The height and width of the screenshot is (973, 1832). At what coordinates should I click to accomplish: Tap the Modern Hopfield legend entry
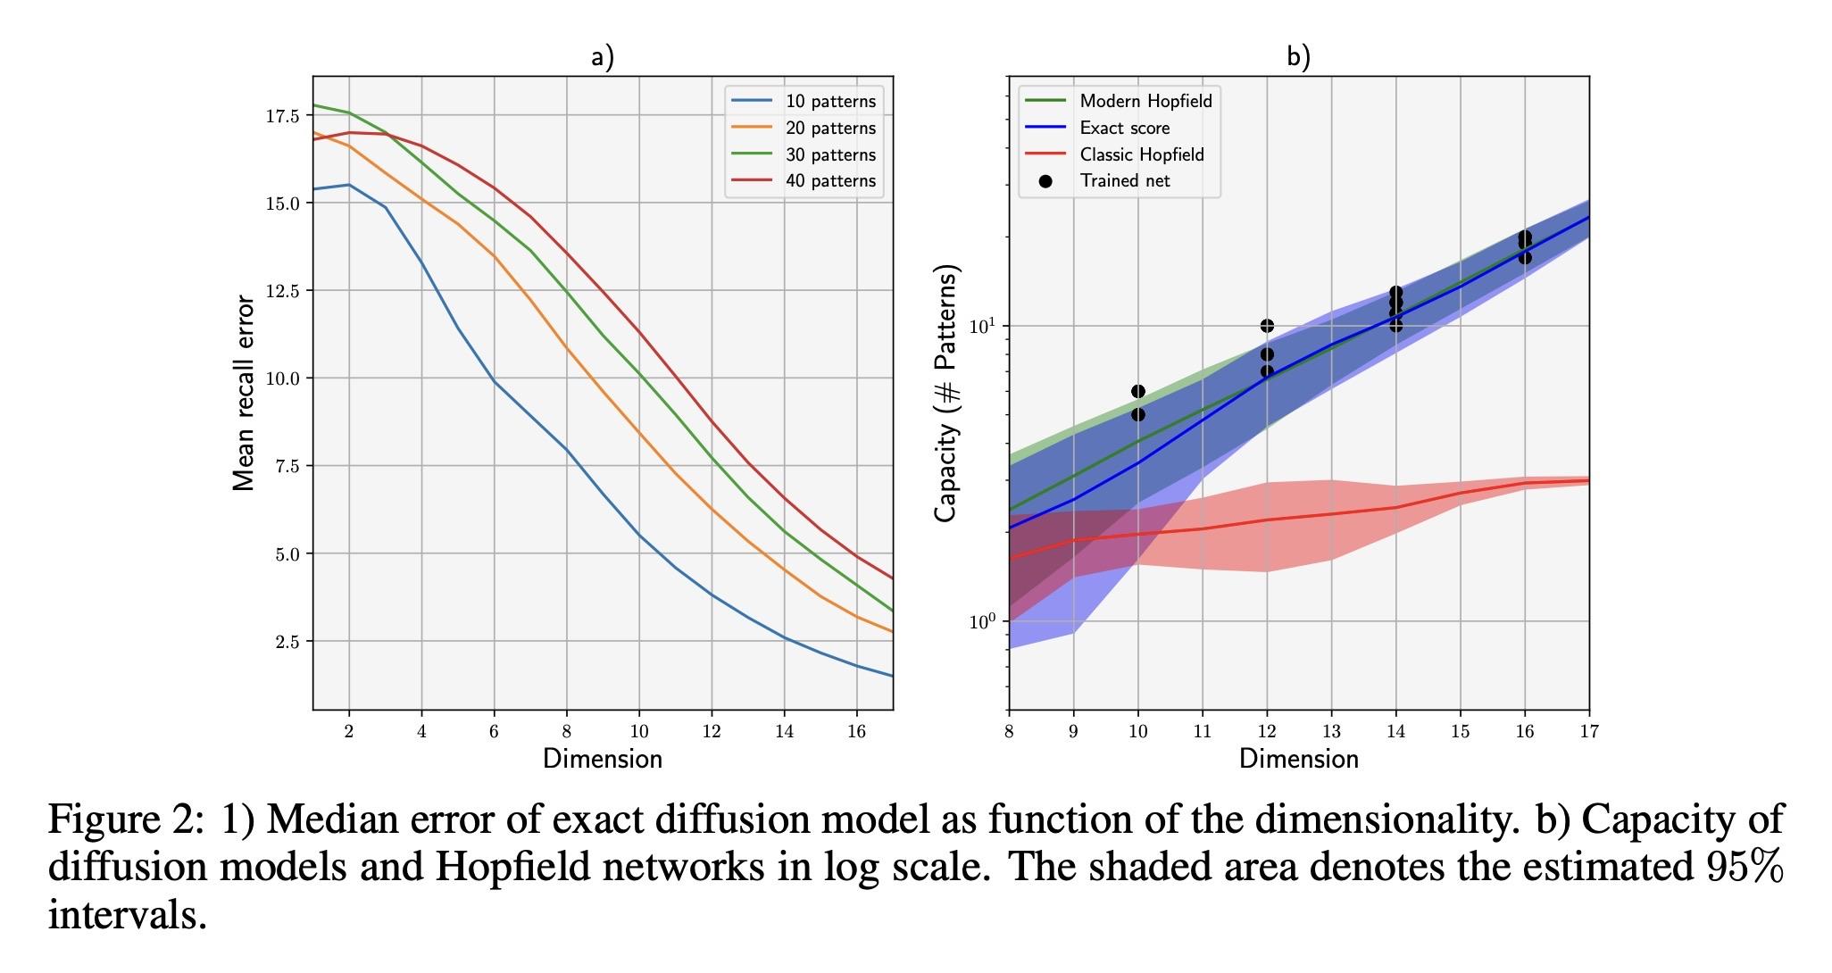click(x=1145, y=101)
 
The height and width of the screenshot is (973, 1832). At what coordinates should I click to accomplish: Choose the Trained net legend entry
click(x=1124, y=181)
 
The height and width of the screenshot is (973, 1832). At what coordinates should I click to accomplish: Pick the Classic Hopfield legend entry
click(x=1141, y=154)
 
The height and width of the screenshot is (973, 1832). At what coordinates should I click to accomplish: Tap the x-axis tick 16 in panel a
click(x=856, y=732)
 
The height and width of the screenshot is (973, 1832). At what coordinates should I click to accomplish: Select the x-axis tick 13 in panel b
click(x=1331, y=732)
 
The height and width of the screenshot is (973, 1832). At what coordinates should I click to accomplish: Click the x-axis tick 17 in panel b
click(x=1589, y=732)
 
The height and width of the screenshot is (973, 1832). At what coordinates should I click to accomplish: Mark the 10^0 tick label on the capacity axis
click(x=983, y=621)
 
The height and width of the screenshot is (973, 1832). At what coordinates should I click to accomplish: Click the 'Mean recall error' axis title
click(x=244, y=394)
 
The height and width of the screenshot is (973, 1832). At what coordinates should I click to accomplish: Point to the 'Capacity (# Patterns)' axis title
click(x=945, y=393)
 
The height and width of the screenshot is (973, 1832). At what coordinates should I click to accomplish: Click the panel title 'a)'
click(x=603, y=58)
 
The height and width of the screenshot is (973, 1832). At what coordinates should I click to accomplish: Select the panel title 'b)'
click(x=1298, y=58)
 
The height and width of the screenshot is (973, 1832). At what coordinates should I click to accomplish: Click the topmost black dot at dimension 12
click(x=1267, y=326)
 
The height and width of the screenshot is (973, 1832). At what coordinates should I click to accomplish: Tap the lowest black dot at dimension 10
click(x=1137, y=415)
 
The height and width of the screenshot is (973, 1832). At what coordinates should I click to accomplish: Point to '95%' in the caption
click(x=1744, y=867)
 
